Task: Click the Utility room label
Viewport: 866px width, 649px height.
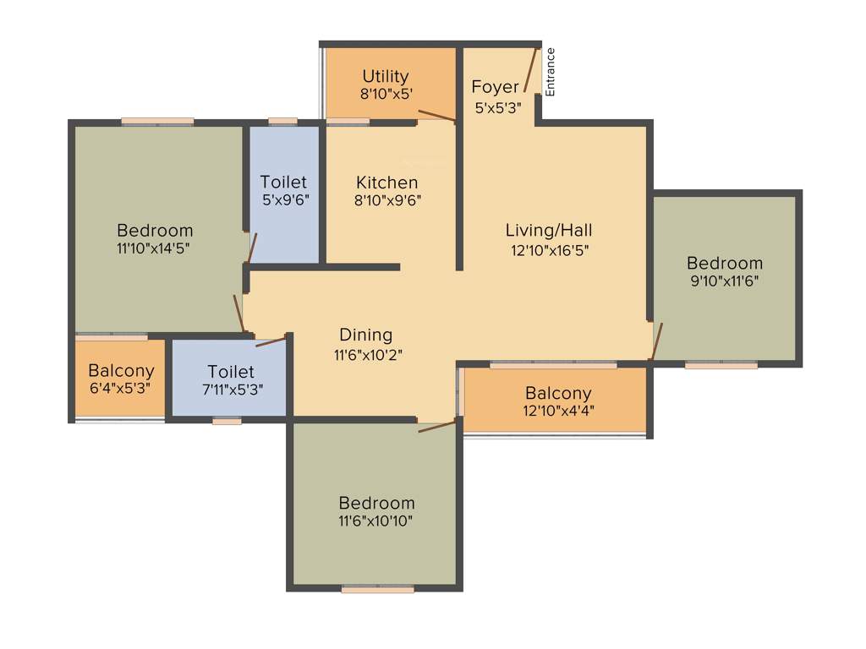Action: [386, 77]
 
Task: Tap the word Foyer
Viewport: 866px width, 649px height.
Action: [495, 87]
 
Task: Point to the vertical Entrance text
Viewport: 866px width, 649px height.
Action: [551, 72]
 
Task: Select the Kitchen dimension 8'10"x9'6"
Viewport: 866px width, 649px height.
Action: [386, 200]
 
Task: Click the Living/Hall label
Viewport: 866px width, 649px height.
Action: [549, 230]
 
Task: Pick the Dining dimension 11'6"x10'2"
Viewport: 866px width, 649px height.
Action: [367, 355]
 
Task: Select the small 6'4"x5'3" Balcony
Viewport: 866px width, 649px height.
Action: [121, 379]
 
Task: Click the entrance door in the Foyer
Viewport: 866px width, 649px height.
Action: [530, 70]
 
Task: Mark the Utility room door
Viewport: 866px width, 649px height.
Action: [436, 116]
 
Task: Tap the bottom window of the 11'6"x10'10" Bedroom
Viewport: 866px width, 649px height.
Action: [377, 590]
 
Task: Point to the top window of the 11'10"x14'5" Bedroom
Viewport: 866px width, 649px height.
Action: [157, 122]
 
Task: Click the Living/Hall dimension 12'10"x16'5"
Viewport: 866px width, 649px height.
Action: [549, 249]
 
